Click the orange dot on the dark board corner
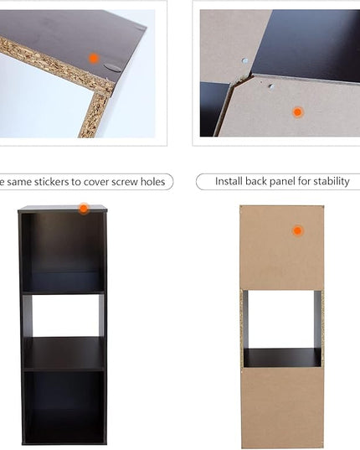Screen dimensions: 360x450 [94, 59]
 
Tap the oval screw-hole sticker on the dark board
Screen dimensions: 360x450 [113, 68]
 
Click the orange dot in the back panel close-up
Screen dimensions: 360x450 [298, 112]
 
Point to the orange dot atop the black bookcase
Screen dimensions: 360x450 [84, 209]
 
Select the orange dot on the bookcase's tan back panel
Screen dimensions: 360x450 [298, 230]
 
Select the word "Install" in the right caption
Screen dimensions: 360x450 [229, 181]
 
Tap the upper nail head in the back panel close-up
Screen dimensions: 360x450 [244, 60]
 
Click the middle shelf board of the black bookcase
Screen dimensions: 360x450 [64, 354]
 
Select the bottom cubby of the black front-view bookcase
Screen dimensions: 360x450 [64, 407]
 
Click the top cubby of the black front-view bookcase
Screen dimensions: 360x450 [63, 252]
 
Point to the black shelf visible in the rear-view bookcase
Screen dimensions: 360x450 [282, 358]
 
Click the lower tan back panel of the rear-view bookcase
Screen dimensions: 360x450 [282, 407]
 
